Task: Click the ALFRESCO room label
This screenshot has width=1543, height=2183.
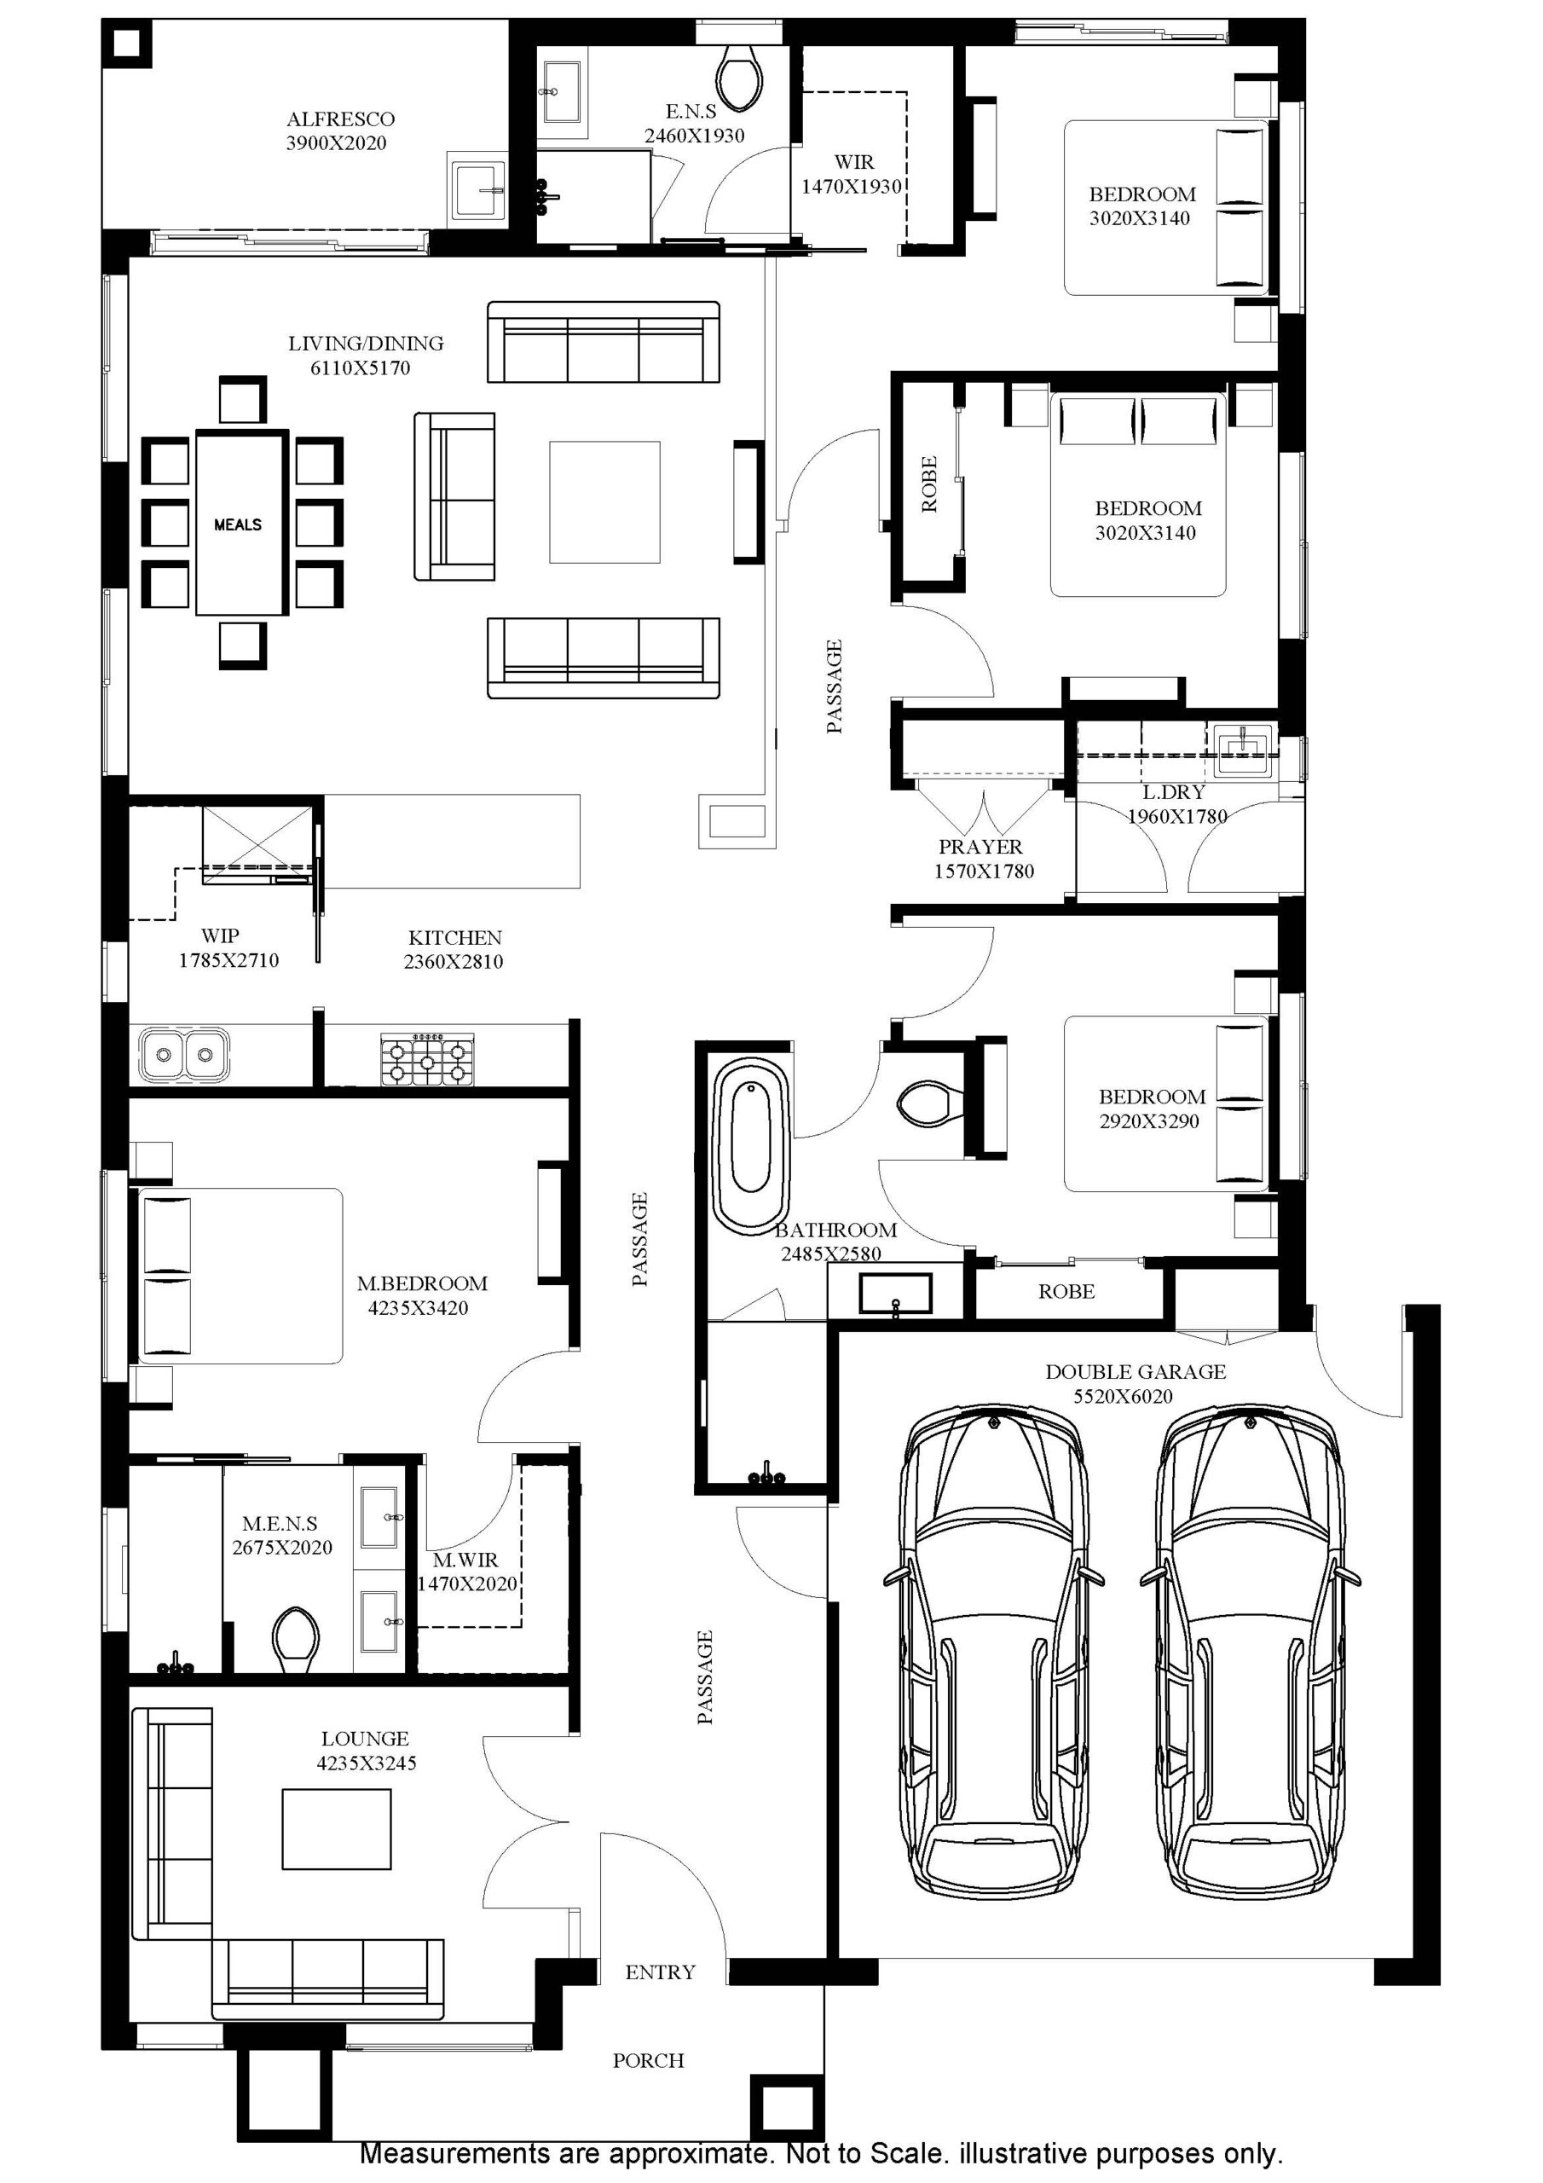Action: click(340, 119)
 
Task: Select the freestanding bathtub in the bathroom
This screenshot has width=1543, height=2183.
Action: click(751, 1143)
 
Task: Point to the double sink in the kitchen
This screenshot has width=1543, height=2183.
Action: click(183, 1053)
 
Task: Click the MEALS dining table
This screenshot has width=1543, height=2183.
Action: click(240, 524)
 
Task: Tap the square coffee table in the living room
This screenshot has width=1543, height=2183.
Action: click(604, 502)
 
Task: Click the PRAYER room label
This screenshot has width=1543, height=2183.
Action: click(980, 847)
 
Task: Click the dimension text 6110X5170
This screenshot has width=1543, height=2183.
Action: click(361, 368)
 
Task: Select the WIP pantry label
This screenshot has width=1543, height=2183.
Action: click(220, 935)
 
